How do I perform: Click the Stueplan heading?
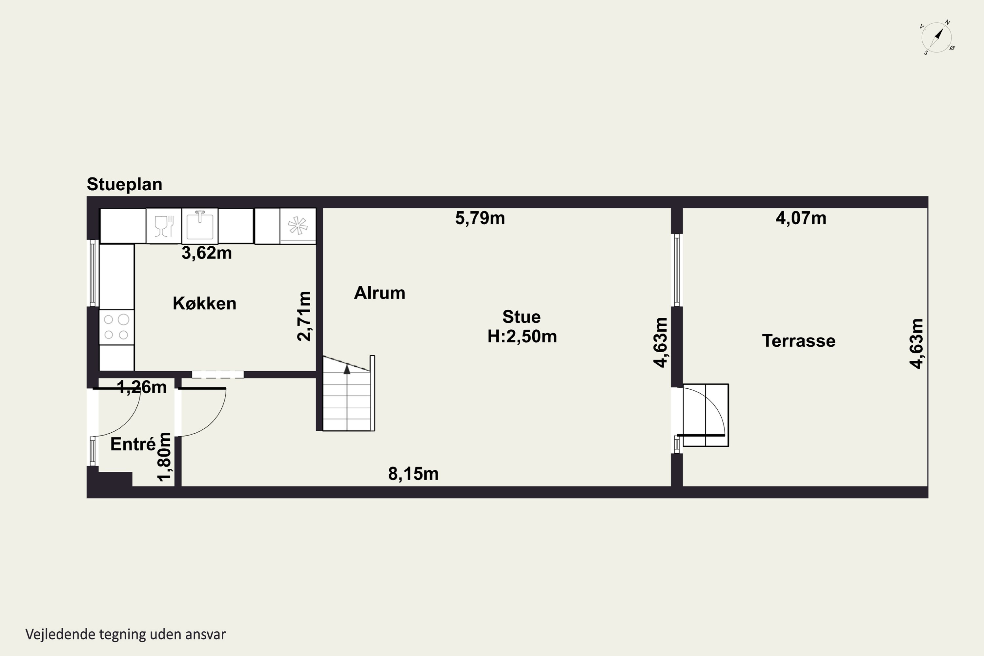[x=124, y=184]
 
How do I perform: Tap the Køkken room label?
[x=205, y=303]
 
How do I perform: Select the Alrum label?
[x=379, y=293]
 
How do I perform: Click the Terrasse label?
[x=799, y=341]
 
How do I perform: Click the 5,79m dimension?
[x=480, y=218]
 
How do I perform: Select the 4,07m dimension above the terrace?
[x=801, y=218]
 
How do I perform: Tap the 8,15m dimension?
[x=413, y=474]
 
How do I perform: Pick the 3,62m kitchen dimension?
[x=207, y=253]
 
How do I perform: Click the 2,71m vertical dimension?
[x=304, y=316]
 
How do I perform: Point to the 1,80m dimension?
[x=164, y=457]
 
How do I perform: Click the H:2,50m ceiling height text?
[x=522, y=337]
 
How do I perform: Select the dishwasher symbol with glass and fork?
[x=164, y=226]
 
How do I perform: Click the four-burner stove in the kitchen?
[x=116, y=327]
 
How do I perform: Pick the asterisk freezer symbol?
[x=298, y=226]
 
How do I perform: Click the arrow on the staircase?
[x=347, y=369]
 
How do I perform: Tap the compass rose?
[x=937, y=38]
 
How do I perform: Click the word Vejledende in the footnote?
[x=61, y=634]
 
